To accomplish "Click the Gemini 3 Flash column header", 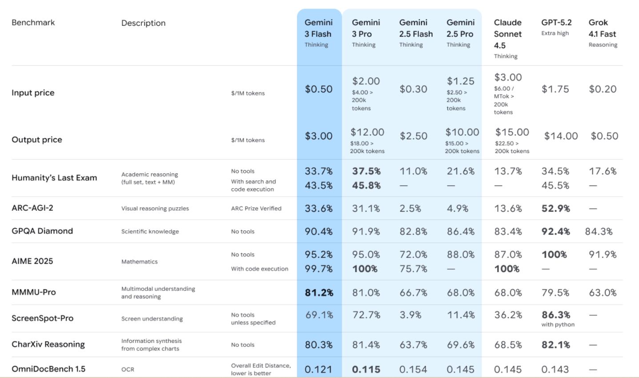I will (x=318, y=28).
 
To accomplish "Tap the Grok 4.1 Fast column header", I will (x=602, y=28).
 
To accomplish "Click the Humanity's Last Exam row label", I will (x=54, y=178).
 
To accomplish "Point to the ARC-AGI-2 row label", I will (x=32, y=208).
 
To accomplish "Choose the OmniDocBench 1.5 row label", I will (x=48, y=369).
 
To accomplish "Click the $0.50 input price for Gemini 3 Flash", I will (x=318, y=89).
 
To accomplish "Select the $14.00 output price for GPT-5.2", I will (x=561, y=136).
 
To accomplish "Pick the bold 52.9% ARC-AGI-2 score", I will (x=555, y=209).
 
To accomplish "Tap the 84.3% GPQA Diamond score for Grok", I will (x=599, y=232).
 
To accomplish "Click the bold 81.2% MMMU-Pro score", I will (x=319, y=293).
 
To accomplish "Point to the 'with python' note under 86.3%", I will (x=558, y=325).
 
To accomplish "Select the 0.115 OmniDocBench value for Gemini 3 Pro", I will (x=366, y=370).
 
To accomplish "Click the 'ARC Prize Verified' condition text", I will (x=256, y=209).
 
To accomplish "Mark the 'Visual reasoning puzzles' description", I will (x=155, y=209).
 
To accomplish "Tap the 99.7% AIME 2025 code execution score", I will (x=318, y=269).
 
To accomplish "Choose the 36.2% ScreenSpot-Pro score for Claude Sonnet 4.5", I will (x=508, y=315).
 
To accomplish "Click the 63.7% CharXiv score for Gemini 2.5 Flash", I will (x=413, y=345).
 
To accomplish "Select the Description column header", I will (x=143, y=23).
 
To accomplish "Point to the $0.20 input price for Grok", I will (x=603, y=89).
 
